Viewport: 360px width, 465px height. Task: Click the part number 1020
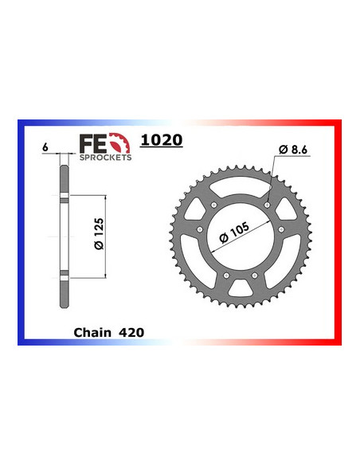point(161,140)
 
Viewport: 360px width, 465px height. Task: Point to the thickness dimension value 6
point(47,148)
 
